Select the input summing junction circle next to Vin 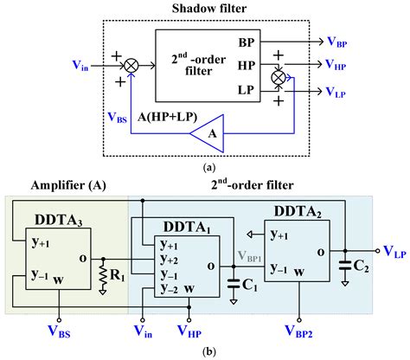131,63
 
